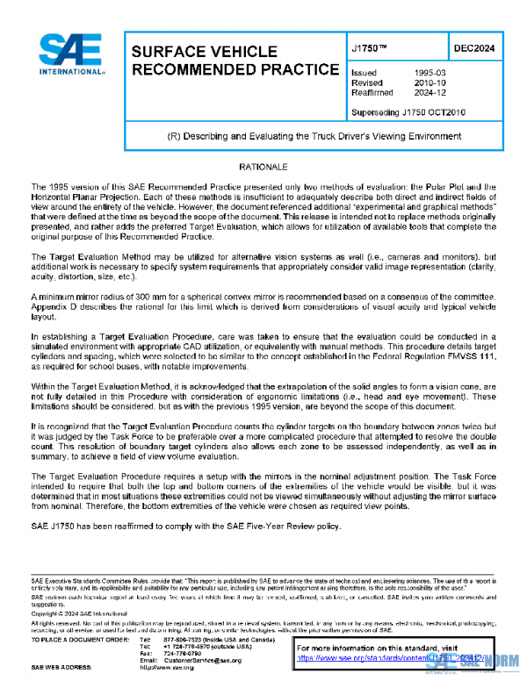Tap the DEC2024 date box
[x=474, y=50]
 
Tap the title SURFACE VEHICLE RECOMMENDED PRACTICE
[x=235, y=61]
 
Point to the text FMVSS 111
[x=469, y=372]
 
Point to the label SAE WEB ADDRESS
[x=64, y=667]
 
